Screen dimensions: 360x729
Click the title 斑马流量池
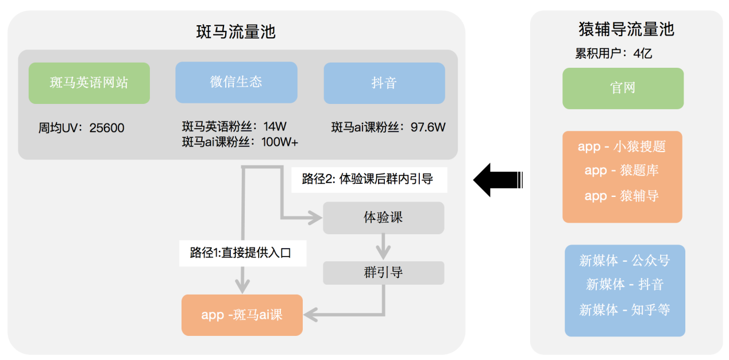coord(236,32)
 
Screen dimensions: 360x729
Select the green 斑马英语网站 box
coord(89,83)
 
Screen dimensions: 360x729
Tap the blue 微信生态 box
coord(236,82)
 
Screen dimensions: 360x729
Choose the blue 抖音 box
coord(384,83)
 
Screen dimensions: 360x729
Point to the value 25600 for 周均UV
coord(107,128)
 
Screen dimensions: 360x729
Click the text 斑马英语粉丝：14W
coord(234,126)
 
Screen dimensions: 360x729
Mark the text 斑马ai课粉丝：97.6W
coord(388,127)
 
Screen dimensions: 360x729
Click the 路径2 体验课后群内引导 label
coord(368,179)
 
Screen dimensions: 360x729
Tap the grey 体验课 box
coord(383,217)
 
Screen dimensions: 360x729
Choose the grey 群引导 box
coord(383,273)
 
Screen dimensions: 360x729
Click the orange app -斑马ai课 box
coord(242,315)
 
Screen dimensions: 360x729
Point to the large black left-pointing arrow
coord(497,180)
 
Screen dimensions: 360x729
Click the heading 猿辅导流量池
coord(626,29)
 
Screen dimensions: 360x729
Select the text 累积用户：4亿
coord(614,54)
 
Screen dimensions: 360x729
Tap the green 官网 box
coord(623,88)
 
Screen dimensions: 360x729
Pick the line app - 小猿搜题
coord(622,146)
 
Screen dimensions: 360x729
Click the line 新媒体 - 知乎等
coord(624,310)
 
